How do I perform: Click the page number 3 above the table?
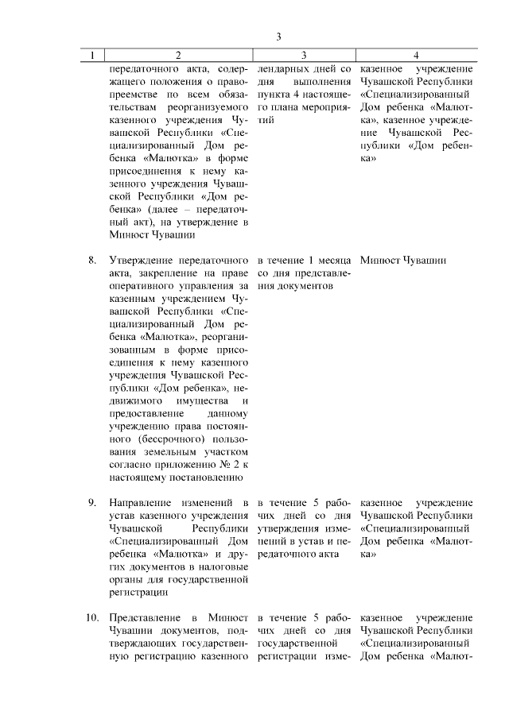[x=279, y=37]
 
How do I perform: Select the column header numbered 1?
[x=93, y=55]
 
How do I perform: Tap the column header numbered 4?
[x=416, y=55]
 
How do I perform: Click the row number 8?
[x=91, y=260]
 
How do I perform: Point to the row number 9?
[x=91, y=503]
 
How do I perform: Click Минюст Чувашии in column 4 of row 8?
[x=402, y=260]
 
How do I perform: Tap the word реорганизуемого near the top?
[x=208, y=106]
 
